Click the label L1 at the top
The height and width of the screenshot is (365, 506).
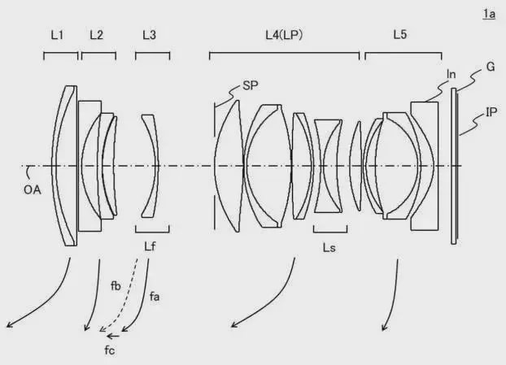(x=57, y=35)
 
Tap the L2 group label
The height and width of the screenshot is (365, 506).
(x=97, y=35)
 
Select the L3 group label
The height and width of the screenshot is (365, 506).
(x=150, y=35)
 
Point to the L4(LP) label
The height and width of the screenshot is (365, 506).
(x=284, y=35)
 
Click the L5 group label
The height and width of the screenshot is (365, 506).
(x=400, y=34)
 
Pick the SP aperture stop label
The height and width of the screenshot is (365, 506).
(x=251, y=86)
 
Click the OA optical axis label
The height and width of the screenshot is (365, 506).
(x=33, y=190)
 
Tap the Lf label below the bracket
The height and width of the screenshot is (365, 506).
(x=150, y=246)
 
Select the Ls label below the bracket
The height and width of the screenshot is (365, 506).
(x=329, y=248)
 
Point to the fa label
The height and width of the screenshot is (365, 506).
(x=155, y=297)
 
